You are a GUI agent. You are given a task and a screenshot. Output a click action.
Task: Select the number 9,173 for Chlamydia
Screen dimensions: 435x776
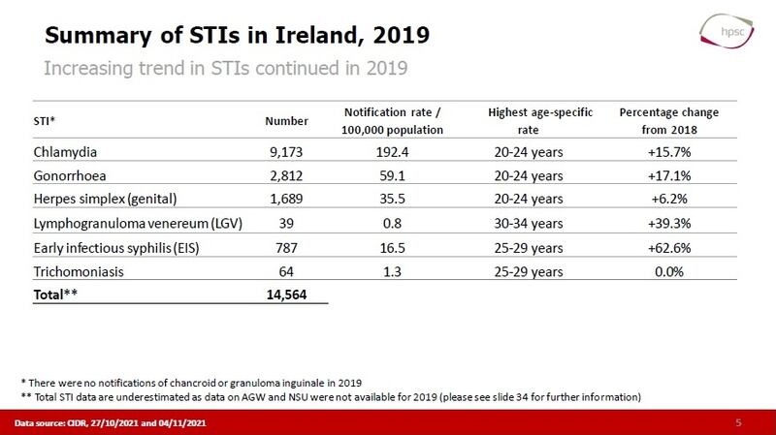coord(286,152)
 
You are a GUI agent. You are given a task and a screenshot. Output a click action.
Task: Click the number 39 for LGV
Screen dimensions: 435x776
coord(286,225)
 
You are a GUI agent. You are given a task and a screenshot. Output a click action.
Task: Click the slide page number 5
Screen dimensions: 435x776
coord(738,423)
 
